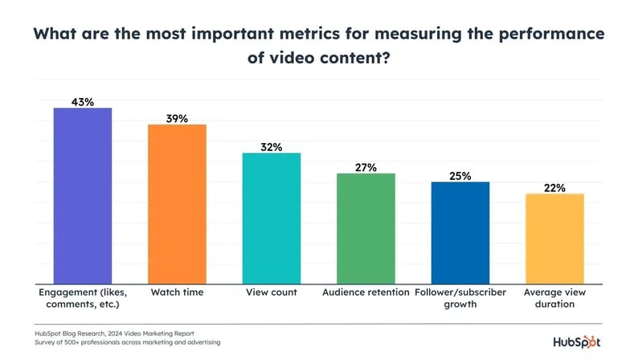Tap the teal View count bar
pyautogui.click(x=272, y=218)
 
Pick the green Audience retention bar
pyautogui.click(x=366, y=228)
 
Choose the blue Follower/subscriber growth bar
pyautogui.click(x=460, y=232)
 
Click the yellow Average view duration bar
pyautogui.click(x=554, y=239)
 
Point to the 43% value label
pyautogui.click(x=83, y=101)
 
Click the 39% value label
pyautogui.click(x=177, y=118)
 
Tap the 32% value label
pyautogui.click(x=272, y=146)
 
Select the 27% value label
pyautogui.click(x=366, y=167)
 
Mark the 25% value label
pyautogui.click(x=460, y=175)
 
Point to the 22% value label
pyautogui.click(x=554, y=188)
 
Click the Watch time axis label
pyautogui.click(x=177, y=292)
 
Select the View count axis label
pyautogui.click(x=272, y=292)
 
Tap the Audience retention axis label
pyautogui.click(x=366, y=292)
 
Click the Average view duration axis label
pyautogui.click(x=554, y=298)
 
